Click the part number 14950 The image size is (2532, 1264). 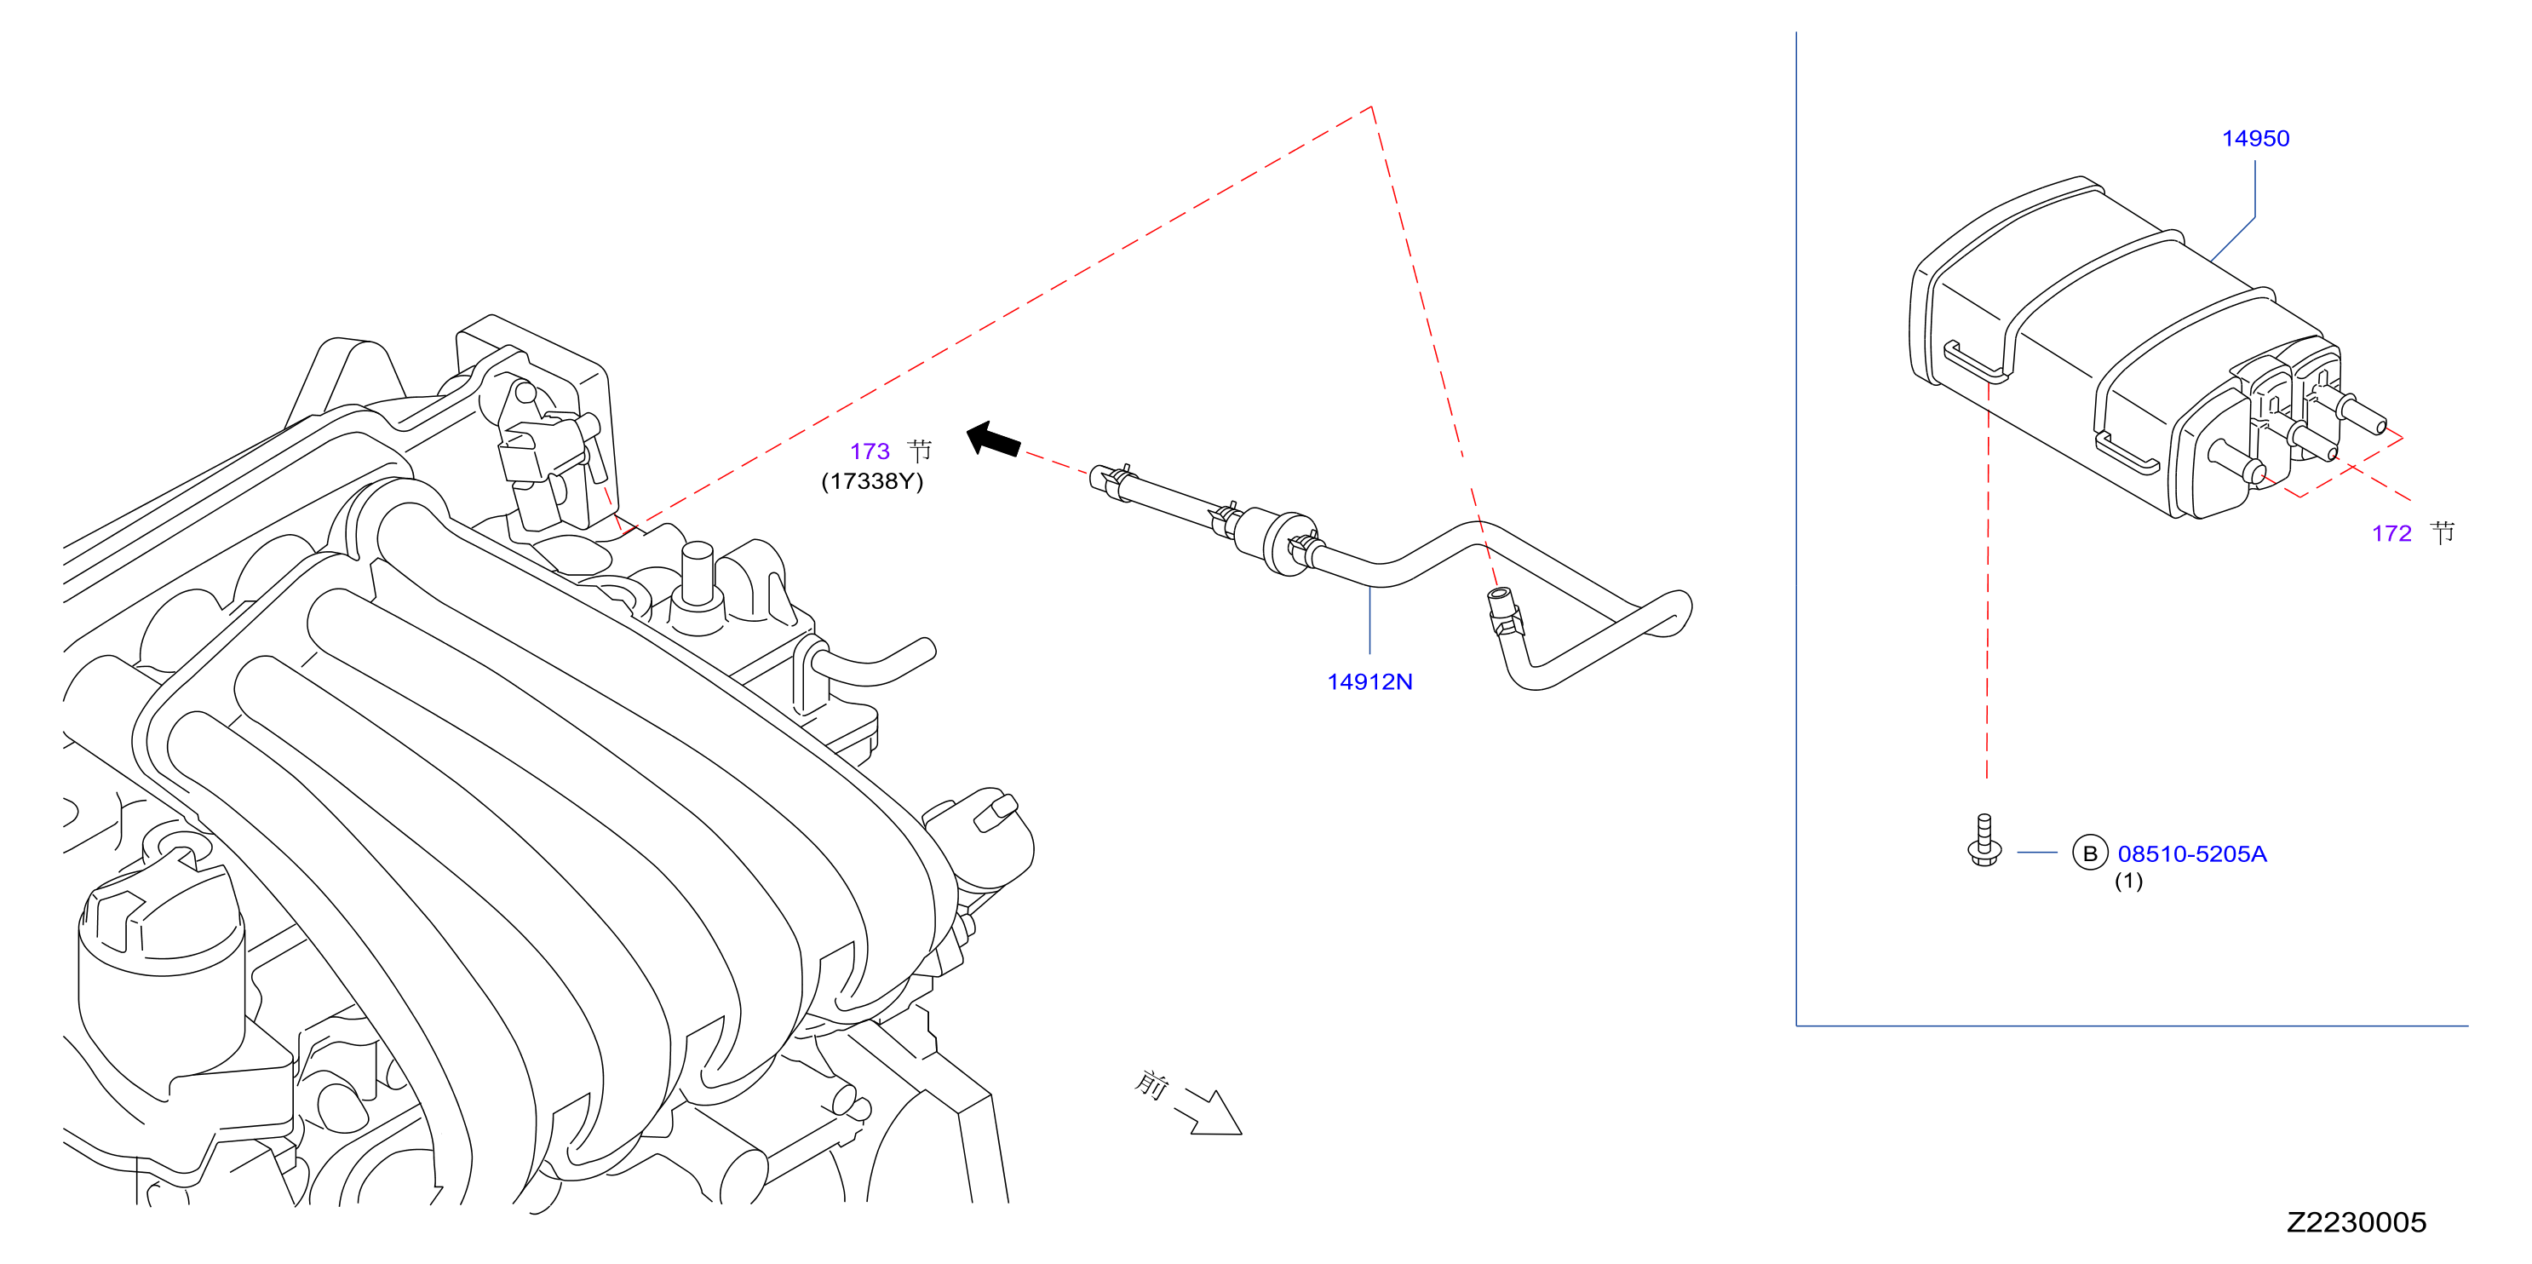point(2255,139)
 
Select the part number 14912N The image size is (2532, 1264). point(1369,681)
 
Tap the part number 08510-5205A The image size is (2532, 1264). point(2192,853)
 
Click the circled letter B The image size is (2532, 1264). point(2090,853)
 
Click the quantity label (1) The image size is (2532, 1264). point(2128,881)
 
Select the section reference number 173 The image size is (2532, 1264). point(870,451)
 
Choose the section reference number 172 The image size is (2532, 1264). point(2391,534)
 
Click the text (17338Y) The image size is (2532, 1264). point(872,481)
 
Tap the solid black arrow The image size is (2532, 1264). point(993,440)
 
